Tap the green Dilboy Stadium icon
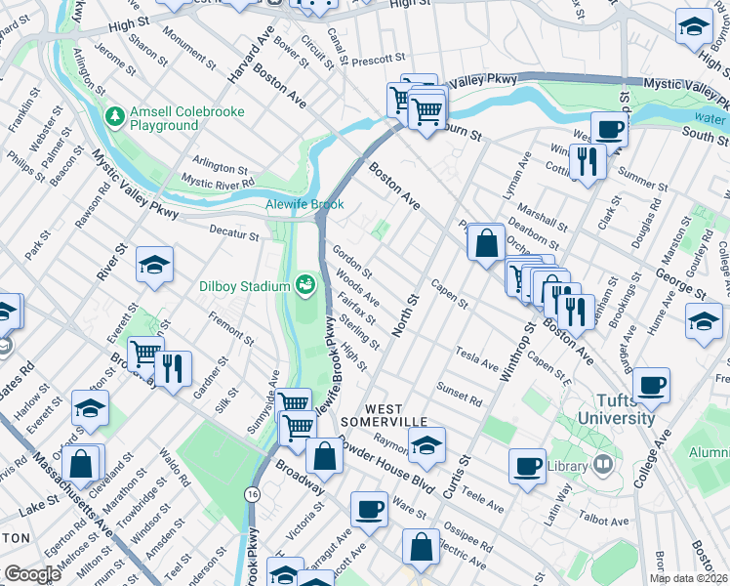point(305,285)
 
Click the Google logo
point(32,574)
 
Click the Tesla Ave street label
point(477,356)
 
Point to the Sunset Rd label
point(460,394)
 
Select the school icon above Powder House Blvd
point(426,444)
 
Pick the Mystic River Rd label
point(219,182)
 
